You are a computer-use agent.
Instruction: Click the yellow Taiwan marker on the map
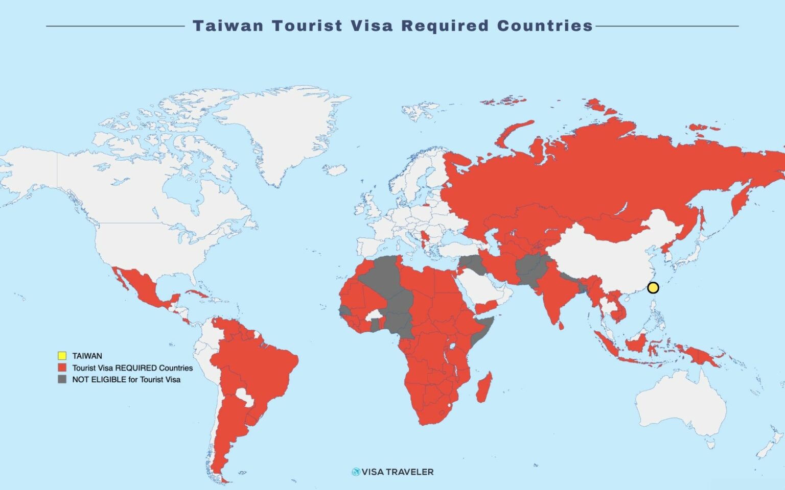click(x=653, y=288)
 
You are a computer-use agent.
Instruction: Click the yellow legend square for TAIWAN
click(x=62, y=356)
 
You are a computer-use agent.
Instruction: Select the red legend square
click(x=62, y=367)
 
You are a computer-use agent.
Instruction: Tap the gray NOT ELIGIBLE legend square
click(x=62, y=379)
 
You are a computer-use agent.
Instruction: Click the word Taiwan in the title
click(x=227, y=26)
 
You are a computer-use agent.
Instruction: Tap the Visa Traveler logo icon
click(x=356, y=472)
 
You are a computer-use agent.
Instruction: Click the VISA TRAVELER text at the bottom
click(x=397, y=472)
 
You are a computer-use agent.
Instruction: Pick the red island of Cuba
click(x=197, y=295)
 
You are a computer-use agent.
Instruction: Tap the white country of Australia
click(x=680, y=403)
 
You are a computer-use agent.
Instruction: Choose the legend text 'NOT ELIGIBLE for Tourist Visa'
click(x=126, y=380)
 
